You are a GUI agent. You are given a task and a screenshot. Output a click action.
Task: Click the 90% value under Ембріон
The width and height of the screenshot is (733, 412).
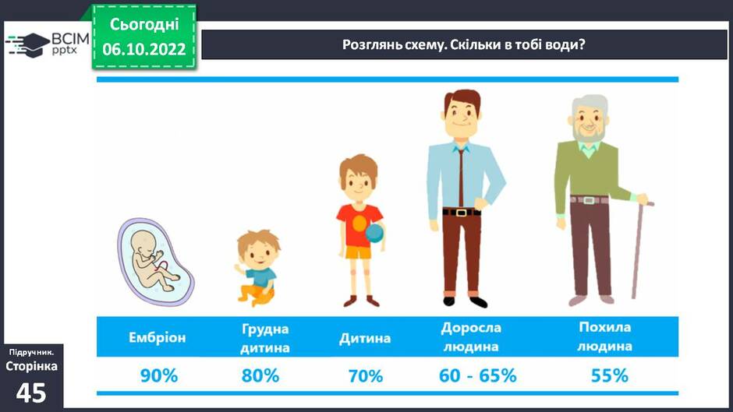pos(159,375)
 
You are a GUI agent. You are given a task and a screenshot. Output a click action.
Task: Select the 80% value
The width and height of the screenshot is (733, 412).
pos(260,375)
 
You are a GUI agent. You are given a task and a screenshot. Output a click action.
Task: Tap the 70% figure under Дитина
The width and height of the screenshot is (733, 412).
pos(366,376)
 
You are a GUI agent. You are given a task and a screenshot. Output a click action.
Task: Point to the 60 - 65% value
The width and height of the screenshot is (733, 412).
pos(478,375)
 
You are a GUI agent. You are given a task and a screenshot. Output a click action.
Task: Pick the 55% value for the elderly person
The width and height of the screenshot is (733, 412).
pos(610,375)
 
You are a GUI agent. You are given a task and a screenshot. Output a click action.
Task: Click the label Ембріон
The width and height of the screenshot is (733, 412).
pos(157,337)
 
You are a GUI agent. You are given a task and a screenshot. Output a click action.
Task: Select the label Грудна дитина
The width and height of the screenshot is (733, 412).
pos(265,338)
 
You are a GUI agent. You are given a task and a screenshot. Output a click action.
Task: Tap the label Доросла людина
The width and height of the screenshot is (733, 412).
pos(471,336)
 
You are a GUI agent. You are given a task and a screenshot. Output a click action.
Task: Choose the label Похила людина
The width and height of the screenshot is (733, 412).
pos(605,336)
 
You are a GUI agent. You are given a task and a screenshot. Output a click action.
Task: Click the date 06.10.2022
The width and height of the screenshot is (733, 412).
pos(144,49)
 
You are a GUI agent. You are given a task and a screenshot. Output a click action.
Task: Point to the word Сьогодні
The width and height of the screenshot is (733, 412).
pos(144,24)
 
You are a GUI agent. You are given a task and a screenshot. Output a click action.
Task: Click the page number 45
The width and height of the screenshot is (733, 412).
pos(31,393)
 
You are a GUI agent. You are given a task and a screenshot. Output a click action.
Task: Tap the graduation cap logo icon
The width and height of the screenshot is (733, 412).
pos(29,45)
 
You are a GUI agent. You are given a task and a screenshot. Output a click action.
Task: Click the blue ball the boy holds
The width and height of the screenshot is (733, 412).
pos(375,232)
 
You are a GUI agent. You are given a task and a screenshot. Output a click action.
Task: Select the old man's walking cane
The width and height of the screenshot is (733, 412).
pos(639,250)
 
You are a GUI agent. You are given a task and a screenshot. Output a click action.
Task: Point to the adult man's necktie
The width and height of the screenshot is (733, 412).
pos(461,178)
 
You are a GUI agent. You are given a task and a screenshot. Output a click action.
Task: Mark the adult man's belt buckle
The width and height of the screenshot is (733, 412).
pos(462,213)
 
